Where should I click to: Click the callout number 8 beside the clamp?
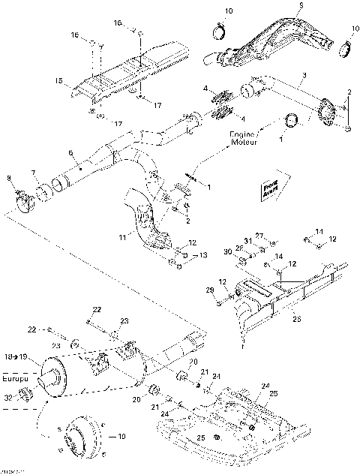8,178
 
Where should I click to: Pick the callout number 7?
32,175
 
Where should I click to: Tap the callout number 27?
260,235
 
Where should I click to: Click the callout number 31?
248,240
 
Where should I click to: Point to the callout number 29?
209,290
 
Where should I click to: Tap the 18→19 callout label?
19,358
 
